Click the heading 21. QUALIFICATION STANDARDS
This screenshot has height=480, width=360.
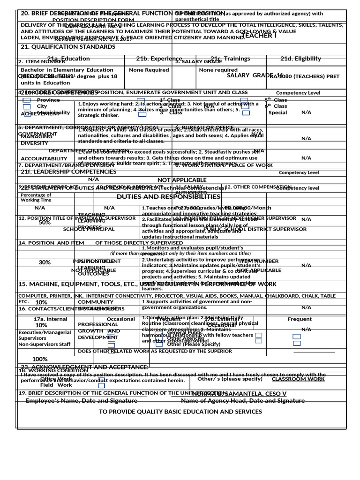[x=61, y=46]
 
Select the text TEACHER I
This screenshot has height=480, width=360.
[x=259, y=36]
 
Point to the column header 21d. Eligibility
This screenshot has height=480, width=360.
[x=300, y=59]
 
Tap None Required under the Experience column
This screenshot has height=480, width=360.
[x=149, y=70]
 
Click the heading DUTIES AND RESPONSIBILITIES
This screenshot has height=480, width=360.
[x=168, y=197]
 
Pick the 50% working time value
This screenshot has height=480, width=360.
[x=45, y=223]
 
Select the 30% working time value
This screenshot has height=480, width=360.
[x=45, y=262]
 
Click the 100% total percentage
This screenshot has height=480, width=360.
[x=40, y=359]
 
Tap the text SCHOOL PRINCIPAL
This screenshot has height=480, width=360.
[x=89, y=229]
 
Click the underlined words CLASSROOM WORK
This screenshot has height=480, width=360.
[x=298, y=379]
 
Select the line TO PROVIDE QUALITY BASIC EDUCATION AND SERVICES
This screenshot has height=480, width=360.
[x=180, y=412]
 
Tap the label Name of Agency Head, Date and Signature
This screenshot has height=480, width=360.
[x=243, y=401]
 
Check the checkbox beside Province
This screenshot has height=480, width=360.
[x=27, y=100]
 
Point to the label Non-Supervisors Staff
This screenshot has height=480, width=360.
[x=44, y=344]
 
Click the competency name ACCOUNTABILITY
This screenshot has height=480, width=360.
[x=44, y=158]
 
